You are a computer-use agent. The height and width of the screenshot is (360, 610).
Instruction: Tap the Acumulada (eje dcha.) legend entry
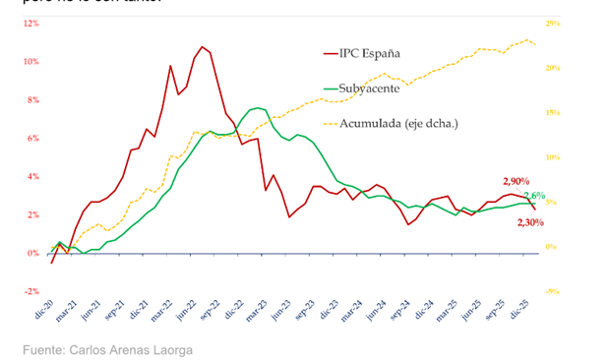(398, 123)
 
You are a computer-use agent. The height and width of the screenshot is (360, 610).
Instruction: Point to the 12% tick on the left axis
(32, 23)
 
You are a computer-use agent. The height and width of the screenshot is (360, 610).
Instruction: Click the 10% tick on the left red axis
(32, 61)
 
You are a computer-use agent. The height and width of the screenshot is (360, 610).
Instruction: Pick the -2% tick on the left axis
(32, 291)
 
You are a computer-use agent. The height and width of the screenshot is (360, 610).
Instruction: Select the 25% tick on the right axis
(553, 23)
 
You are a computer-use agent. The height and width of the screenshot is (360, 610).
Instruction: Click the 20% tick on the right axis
(553, 68)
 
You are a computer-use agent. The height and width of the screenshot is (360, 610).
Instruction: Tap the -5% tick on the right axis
(553, 291)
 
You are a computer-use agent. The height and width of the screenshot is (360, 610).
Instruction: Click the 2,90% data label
(517, 181)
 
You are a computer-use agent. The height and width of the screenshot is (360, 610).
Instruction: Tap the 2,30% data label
(531, 223)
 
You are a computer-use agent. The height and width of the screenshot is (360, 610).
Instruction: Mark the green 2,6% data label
(534, 197)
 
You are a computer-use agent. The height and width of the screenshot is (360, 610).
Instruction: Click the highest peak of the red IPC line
(202, 46)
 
